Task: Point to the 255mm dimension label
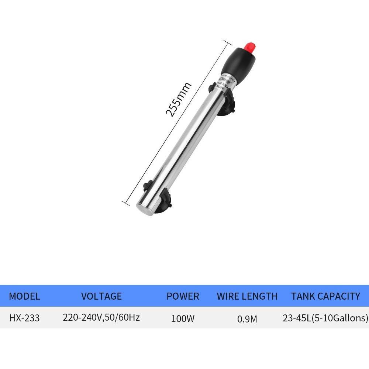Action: pos(178,99)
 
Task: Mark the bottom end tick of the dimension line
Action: pos(124,202)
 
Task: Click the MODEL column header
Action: pos(24,296)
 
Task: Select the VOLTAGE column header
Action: pos(101,296)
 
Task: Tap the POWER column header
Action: pos(183,296)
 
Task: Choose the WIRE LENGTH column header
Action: pos(247,296)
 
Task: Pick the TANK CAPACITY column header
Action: pos(325,296)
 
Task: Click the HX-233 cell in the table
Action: pos(24,318)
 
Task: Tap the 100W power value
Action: pos(183,318)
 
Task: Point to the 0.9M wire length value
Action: pos(247,318)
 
